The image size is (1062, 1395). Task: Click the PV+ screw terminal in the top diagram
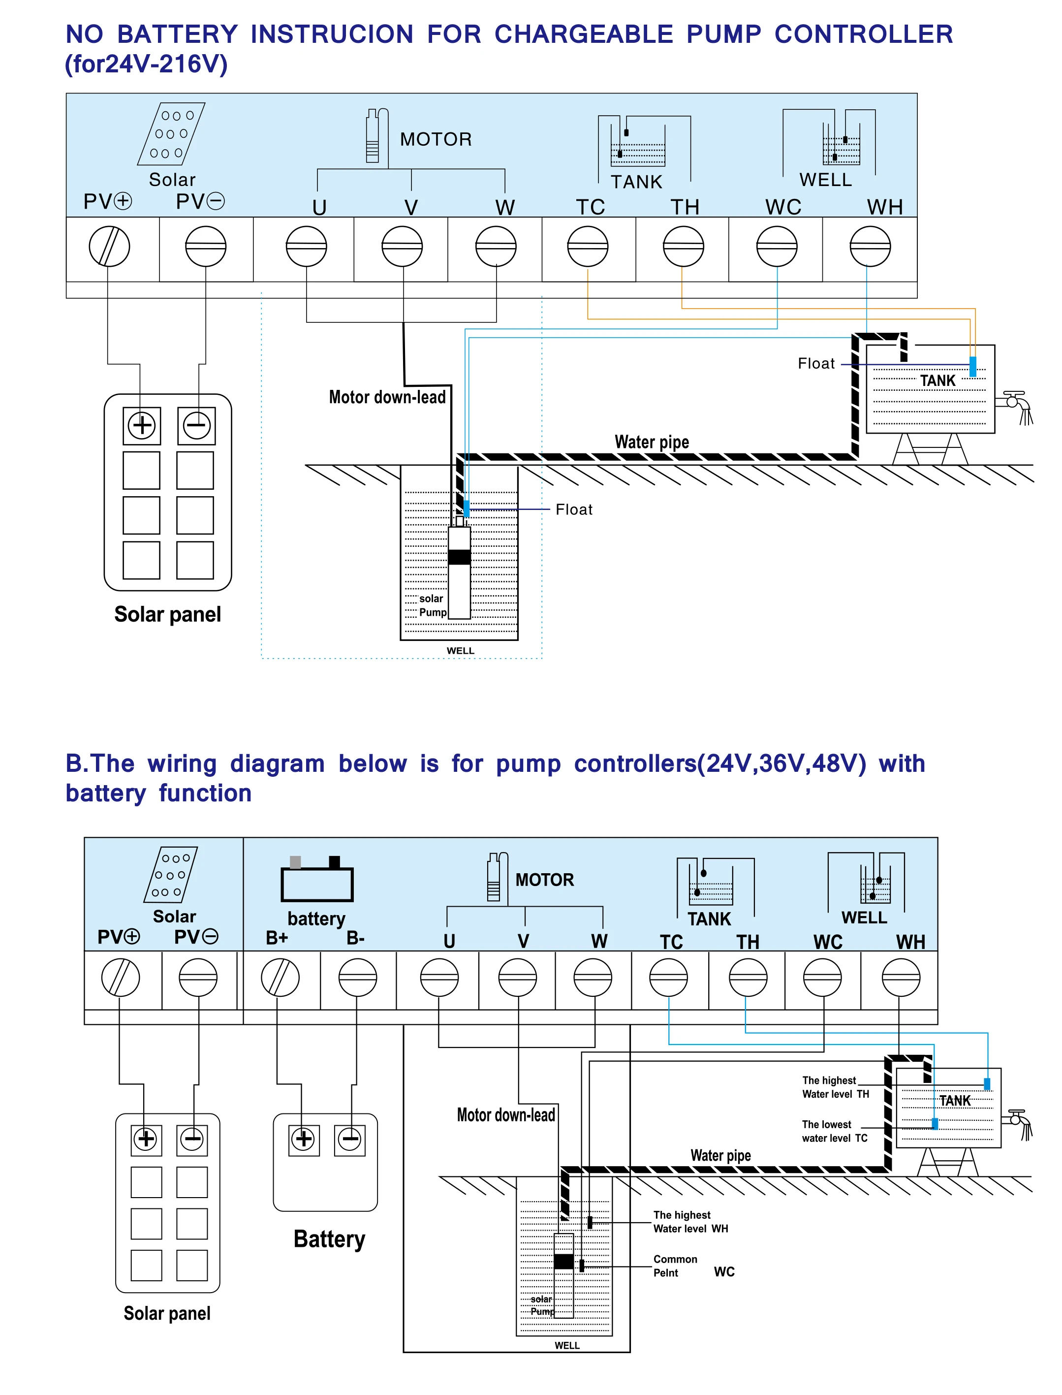(109, 246)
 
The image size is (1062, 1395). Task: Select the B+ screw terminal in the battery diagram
(280, 977)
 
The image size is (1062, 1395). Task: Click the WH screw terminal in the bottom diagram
(900, 977)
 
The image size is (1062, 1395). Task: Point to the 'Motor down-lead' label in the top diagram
(387, 397)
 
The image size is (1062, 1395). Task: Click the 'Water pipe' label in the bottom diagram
(720, 1155)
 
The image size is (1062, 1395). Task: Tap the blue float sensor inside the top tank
(972, 366)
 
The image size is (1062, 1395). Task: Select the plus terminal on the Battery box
(304, 1139)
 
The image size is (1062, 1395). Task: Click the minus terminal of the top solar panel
(196, 426)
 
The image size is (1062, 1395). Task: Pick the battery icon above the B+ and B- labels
(317, 880)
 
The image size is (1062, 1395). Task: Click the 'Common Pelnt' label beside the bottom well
(675, 1266)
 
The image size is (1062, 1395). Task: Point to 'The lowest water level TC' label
(834, 1131)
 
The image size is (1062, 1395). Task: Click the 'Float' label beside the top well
(573, 509)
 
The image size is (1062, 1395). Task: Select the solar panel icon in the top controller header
(171, 133)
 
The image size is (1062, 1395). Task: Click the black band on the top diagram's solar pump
(459, 557)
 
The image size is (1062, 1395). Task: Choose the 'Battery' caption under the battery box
(329, 1239)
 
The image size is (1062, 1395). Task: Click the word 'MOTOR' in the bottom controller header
(544, 880)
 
